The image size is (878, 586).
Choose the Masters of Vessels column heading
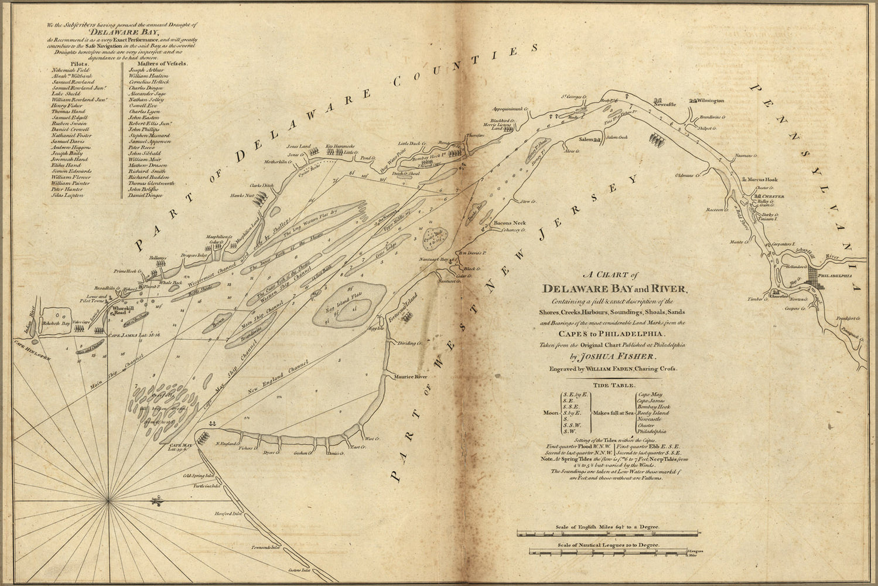pyautogui.click(x=155, y=63)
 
